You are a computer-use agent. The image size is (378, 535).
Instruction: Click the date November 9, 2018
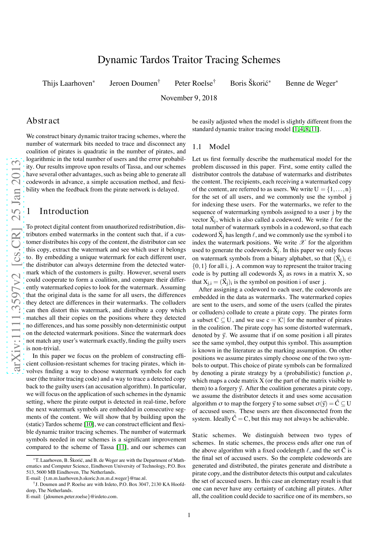[189, 98]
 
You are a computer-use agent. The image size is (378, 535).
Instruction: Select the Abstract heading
[43, 121]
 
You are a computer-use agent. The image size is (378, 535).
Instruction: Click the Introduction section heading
[64, 211]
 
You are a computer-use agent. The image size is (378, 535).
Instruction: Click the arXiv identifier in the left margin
[15, 265]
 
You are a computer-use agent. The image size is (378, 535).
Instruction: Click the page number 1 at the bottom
[189, 515]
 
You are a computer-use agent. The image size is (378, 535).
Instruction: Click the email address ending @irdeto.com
[80, 496]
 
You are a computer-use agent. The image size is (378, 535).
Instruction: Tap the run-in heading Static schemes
[214, 435]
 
